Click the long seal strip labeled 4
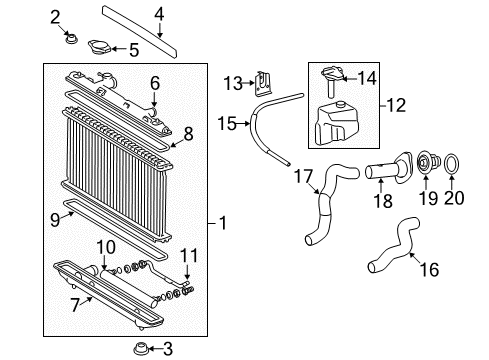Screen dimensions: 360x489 pyautogui.click(x=140, y=32)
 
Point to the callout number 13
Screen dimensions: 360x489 pyautogui.click(x=232, y=81)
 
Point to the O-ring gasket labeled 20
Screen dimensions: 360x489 pyautogui.click(x=451, y=163)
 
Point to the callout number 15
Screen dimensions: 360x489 pyautogui.click(x=226, y=124)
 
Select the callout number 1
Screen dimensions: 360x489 pyautogui.click(x=223, y=223)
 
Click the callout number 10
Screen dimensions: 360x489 pyautogui.click(x=104, y=246)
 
